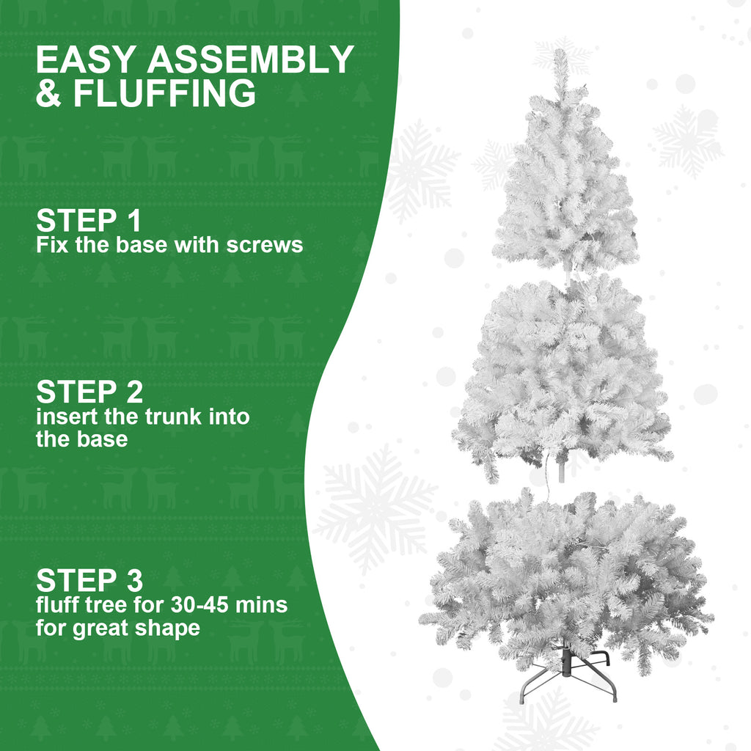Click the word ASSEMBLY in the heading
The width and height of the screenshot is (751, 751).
[x=251, y=60]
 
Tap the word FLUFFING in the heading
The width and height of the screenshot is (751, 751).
[x=164, y=95]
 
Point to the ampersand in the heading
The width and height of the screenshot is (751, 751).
[x=49, y=95]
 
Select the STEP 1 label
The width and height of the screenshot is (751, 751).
[x=88, y=221]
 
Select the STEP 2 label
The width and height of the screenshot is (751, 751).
[x=89, y=392]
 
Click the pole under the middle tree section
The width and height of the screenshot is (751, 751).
[x=562, y=469]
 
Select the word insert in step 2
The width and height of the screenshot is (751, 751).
[x=65, y=417]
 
